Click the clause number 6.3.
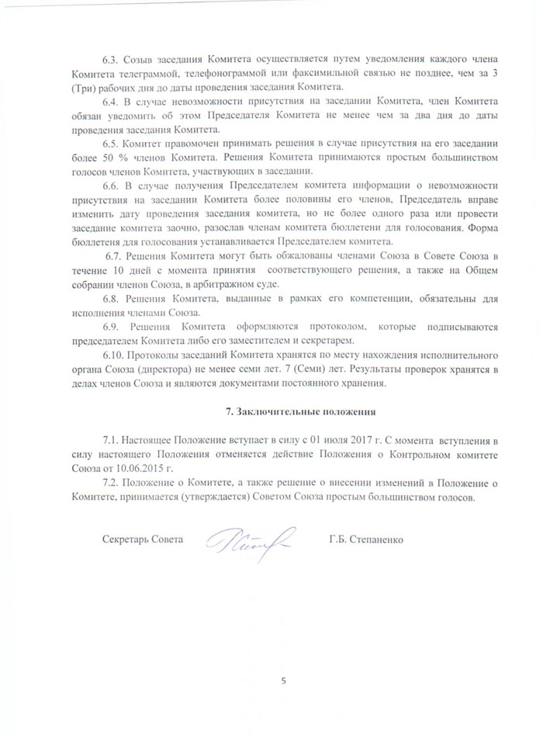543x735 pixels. pos(111,60)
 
